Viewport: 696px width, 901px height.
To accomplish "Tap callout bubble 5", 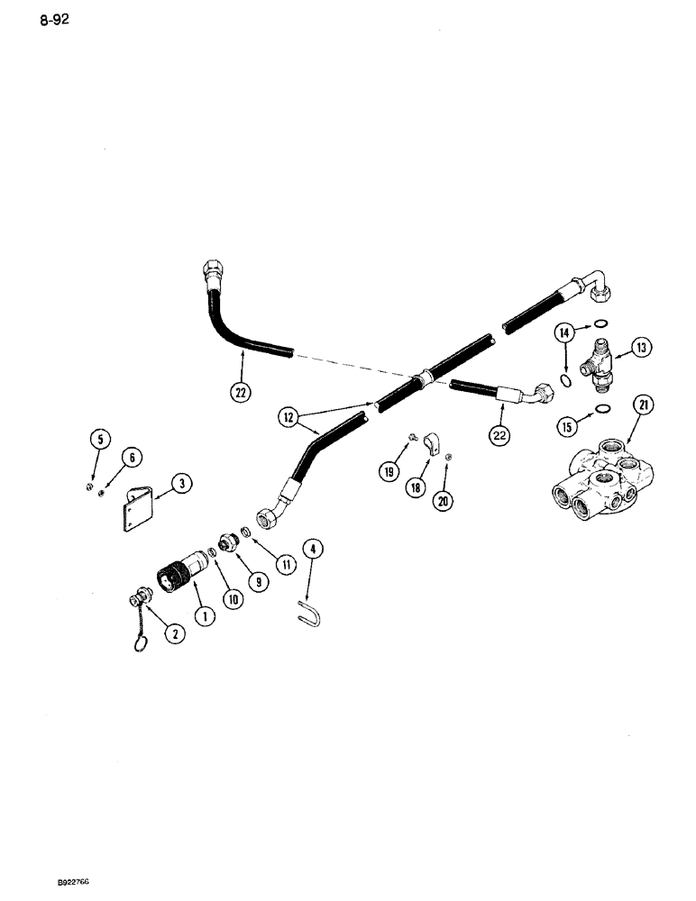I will click(98, 441).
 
